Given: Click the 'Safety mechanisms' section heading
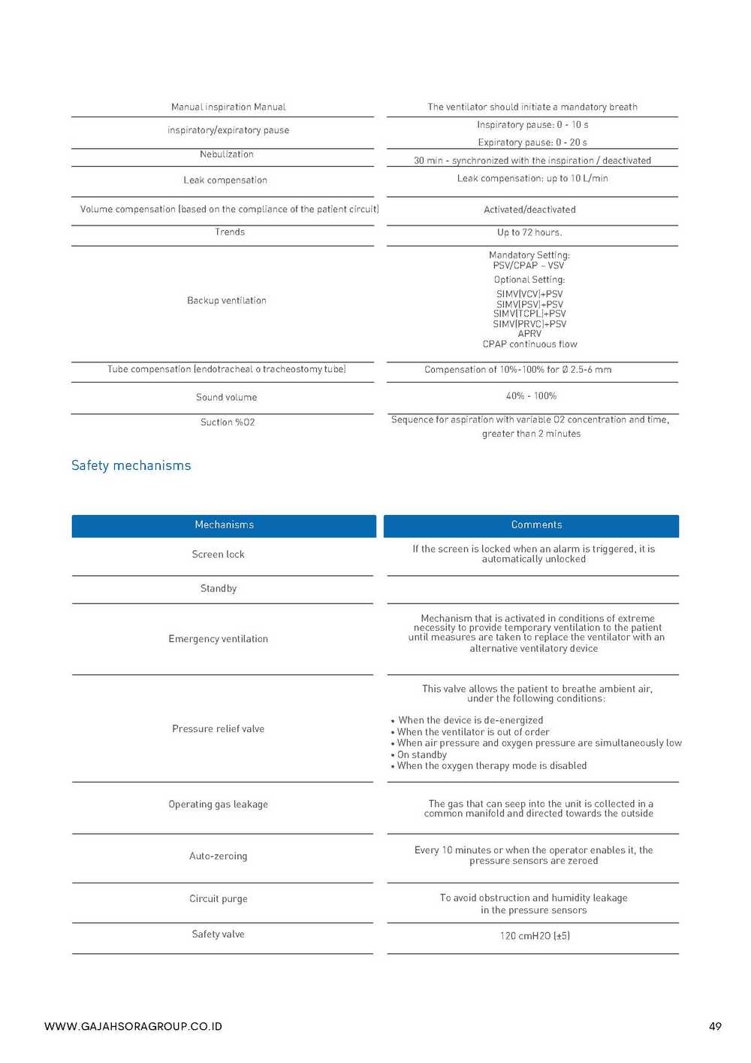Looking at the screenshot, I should pyautogui.click(x=131, y=465).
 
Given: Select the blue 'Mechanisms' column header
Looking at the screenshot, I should pyautogui.click(x=224, y=525).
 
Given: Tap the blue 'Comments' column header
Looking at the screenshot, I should pyautogui.click(x=536, y=525).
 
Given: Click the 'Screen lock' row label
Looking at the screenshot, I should pyautogui.click(x=218, y=554).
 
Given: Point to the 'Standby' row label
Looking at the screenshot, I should pyautogui.click(x=219, y=589).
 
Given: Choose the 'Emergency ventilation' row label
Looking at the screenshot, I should pyautogui.click(x=218, y=639).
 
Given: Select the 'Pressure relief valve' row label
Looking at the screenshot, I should pyautogui.click(x=218, y=728).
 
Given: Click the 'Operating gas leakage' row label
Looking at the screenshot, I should pyautogui.click(x=218, y=804).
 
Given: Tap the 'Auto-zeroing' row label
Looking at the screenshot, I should pyautogui.click(x=218, y=856).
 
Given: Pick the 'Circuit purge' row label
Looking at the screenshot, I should pyautogui.click(x=218, y=898).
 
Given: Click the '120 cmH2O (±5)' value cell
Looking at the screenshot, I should pyautogui.click(x=535, y=936).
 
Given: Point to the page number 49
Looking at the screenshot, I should pyautogui.click(x=715, y=1026).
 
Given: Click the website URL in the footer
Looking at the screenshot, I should pyautogui.click(x=133, y=1026).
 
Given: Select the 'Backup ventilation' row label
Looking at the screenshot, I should pyautogui.click(x=226, y=301).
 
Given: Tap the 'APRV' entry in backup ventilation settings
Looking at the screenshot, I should pyautogui.click(x=529, y=334).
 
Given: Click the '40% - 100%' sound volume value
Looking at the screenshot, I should pyautogui.click(x=531, y=396).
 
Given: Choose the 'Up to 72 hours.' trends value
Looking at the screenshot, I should pyautogui.click(x=529, y=232).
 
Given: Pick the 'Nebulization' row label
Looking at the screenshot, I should pyautogui.click(x=226, y=154).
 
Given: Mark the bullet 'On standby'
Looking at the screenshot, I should pyautogui.click(x=421, y=755).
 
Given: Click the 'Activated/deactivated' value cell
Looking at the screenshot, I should pyautogui.click(x=529, y=210).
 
